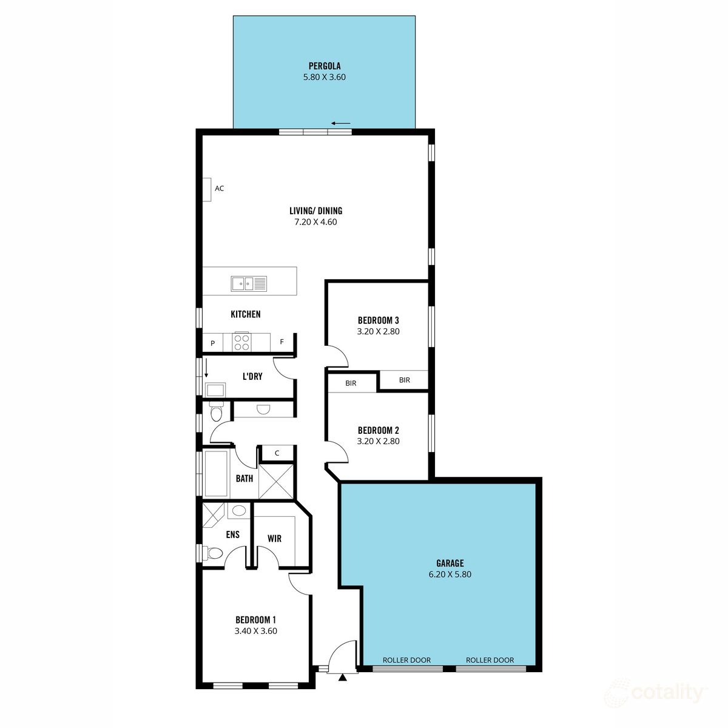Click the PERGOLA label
(x=324, y=66)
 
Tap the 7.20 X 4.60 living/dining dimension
(x=315, y=222)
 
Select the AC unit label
(x=219, y=189)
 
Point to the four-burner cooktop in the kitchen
(x=241, y=342)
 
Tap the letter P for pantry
(x=212, y=343)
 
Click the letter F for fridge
(x=281, y=342)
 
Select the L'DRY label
(x=252, y=377)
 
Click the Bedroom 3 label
(x=378, y=320)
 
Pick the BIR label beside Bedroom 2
(x=351, y=383)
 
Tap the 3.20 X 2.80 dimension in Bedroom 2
(x=378, y=442)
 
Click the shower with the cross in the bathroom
(x=276, y=481)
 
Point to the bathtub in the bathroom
(x=215, y=473)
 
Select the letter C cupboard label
(x=277, y=453)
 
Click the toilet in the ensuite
(x=213, y=553)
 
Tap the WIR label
(x=274, y=538)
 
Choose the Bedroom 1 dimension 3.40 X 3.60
(x=255, y=631)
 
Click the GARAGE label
(x=450, y=563)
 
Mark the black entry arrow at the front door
(x=343, y=677)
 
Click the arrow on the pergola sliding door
(x=342, y=124)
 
